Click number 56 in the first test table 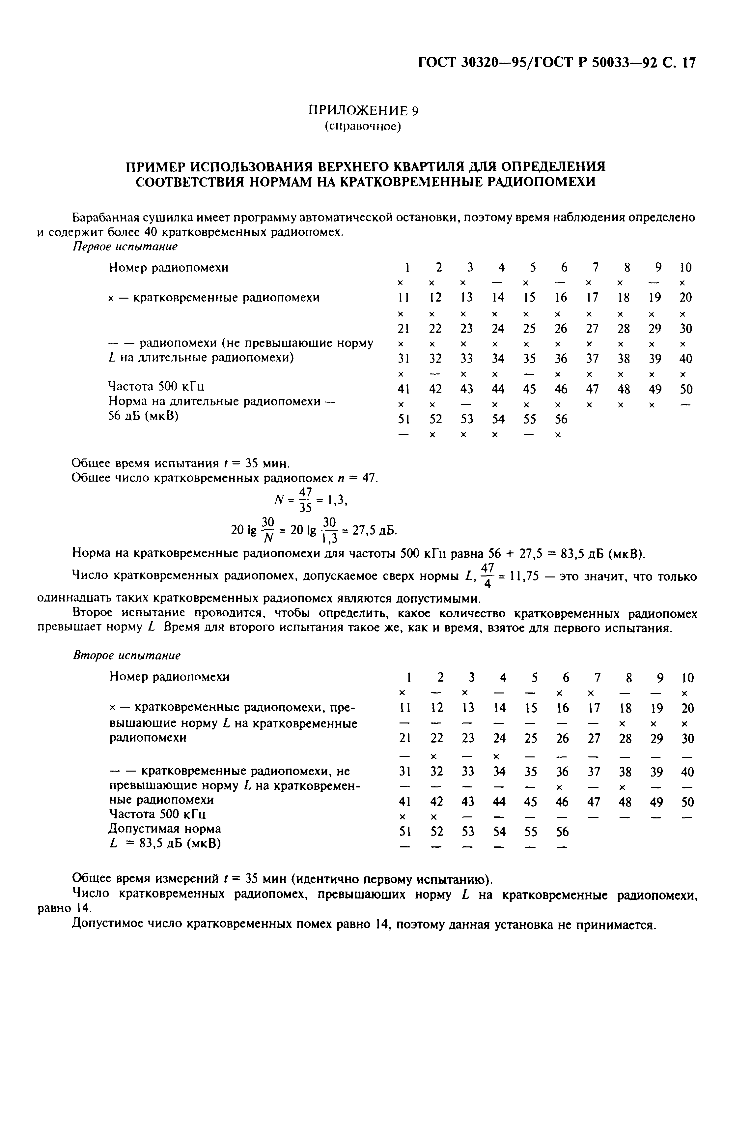click(x=561, y=419)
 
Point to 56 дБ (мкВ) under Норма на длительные click(x=144, y=416)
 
